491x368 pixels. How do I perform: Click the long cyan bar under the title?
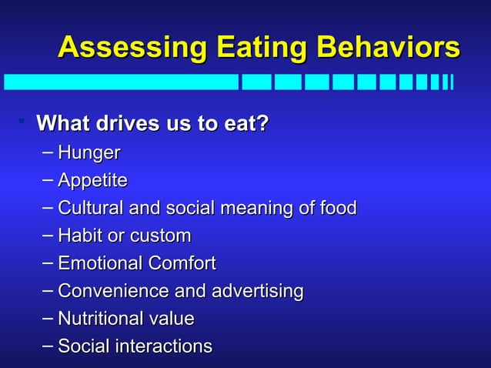pyautogui.click(x=121, y=82)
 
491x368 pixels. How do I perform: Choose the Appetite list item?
pyautogui.click(x=92, y=181)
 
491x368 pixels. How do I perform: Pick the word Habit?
pyautogui.click(x=79, y=236)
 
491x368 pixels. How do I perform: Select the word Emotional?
pyautogui.click(x=100, y=263)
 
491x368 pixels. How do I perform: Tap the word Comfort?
pyautogui.click(x=182, y=263)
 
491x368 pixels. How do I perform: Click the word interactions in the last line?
pyautogui.click(x=163, y=346)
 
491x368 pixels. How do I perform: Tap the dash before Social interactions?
pyautogui.click(x=48, y=345)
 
